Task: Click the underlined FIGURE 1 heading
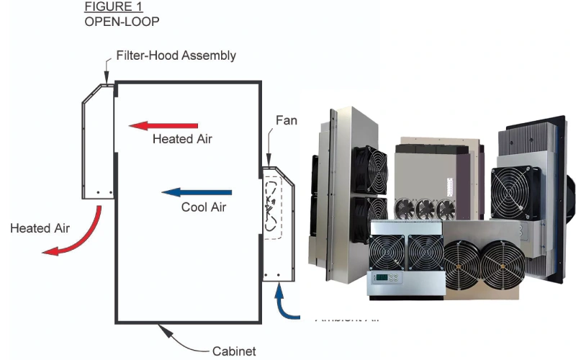tap(113, 7)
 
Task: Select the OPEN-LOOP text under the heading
tap(122, 21)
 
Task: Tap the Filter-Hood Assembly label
tap(176, 55)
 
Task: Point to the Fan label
tap(287, 121)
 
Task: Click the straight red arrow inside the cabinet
tap(163, 125)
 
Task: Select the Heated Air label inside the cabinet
tap(182, 139)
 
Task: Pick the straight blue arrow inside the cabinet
tap(197, 192)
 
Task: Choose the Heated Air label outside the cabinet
tap(40, 228)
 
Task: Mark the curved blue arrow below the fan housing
tap(289, 303)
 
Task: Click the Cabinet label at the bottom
tap(234, 351)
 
